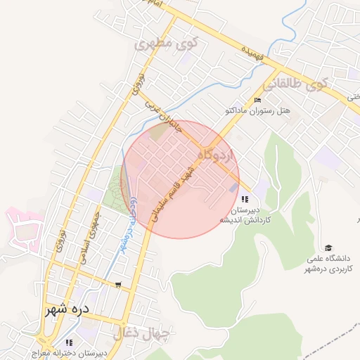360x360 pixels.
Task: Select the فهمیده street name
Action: [x=252, y=53]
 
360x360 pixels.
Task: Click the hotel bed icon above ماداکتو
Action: [x=257, y=100]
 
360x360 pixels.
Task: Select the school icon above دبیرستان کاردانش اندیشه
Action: [x=244, y=200]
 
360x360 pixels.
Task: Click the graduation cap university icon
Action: [x=328, y=247]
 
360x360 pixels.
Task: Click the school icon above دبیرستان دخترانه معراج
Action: [x=69, y=343]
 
